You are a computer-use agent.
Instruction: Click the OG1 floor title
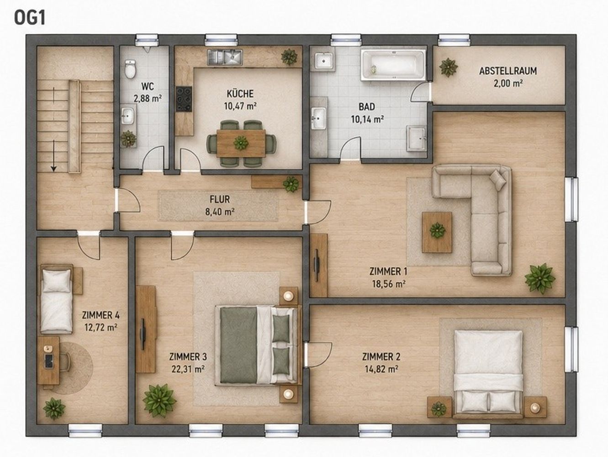point(30,19)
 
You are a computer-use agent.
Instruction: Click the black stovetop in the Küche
point(184,99)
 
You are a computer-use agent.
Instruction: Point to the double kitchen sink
point(225,58)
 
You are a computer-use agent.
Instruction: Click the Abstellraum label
point(508,71)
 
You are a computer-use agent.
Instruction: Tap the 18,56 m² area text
point(389,284)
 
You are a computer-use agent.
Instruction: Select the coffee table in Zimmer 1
point(437,232)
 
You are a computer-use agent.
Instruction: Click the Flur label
point(220,199)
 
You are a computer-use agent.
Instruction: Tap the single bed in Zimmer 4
point(57,299)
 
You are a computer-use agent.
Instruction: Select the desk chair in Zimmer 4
point(64,362)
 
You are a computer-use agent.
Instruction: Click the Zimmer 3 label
point(188,356)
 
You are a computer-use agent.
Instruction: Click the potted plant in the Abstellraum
point(449,67)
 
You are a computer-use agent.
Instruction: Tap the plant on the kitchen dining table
point(241,143)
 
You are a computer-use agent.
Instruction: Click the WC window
point(147,40)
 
